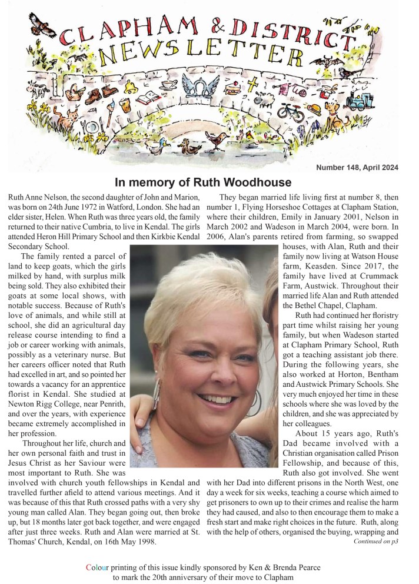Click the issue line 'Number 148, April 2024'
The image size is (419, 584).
coord(357,167)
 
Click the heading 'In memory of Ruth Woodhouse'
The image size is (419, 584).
coord(203,182)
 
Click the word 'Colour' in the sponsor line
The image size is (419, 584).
coord(98,568)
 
